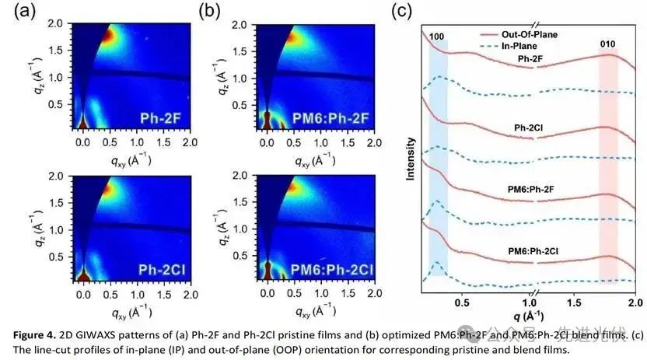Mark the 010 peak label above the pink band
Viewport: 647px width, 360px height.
point(608,45)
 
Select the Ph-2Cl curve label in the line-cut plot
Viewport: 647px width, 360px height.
point(529,127)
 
